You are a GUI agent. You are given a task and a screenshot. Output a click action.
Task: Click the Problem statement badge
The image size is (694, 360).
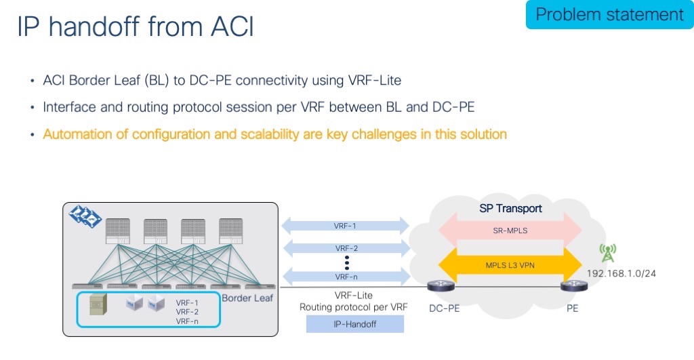609,15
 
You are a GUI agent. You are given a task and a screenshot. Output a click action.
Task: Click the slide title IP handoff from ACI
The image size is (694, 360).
135,26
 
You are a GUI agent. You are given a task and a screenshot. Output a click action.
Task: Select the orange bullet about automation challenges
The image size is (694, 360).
274,134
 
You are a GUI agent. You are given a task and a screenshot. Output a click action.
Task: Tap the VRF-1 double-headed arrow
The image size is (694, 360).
346,225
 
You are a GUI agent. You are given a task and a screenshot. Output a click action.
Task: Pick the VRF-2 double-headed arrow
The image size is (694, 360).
346,247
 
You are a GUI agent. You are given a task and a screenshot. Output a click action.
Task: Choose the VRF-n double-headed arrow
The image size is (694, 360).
346,276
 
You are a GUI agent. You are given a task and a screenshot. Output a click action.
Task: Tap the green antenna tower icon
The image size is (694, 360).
607,254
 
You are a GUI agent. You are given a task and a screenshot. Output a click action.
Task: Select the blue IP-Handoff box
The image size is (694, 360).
354,325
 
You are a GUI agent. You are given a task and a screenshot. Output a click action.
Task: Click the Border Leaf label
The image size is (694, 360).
247,298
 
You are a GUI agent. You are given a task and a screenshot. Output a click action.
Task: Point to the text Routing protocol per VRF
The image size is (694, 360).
354,307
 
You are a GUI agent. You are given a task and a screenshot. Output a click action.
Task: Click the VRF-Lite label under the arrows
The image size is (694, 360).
354,296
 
